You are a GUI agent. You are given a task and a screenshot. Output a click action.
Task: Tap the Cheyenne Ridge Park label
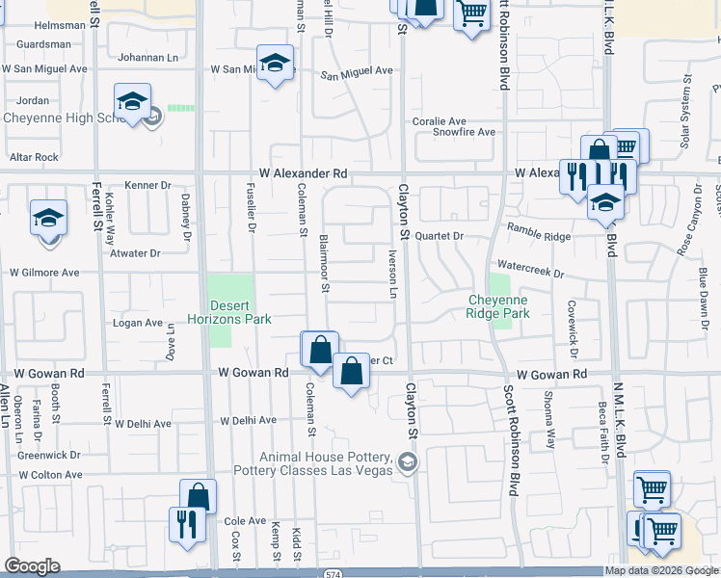[x=498, y=306]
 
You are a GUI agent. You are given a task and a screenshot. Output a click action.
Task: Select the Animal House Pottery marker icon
[x=409, y=463]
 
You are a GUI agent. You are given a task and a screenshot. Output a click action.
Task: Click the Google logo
[x=32, y=566]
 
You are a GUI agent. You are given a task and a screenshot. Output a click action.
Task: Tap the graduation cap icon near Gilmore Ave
[x=48, y=218]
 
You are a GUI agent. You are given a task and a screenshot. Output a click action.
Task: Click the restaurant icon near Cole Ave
[x=183, y=525]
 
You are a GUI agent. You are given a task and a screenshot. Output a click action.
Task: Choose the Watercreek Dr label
[x=529, y=273]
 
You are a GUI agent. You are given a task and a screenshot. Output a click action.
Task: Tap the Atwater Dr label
[x=135, y=253]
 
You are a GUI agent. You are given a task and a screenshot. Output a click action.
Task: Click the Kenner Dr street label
[x=147, y=185]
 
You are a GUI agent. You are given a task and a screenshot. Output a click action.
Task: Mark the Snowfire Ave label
[x=464, y=132]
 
